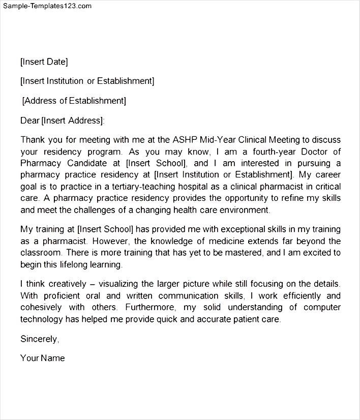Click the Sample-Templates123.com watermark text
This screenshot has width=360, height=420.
click(47, 6)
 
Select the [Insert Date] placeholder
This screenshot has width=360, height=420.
click(44, 62)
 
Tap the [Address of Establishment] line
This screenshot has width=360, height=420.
click(74, 100)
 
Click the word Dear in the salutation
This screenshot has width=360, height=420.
click(29, 120)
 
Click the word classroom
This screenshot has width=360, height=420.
click(40, 253)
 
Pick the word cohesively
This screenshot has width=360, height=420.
click(41, 307)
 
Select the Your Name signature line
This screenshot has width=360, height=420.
click(43, 358)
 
